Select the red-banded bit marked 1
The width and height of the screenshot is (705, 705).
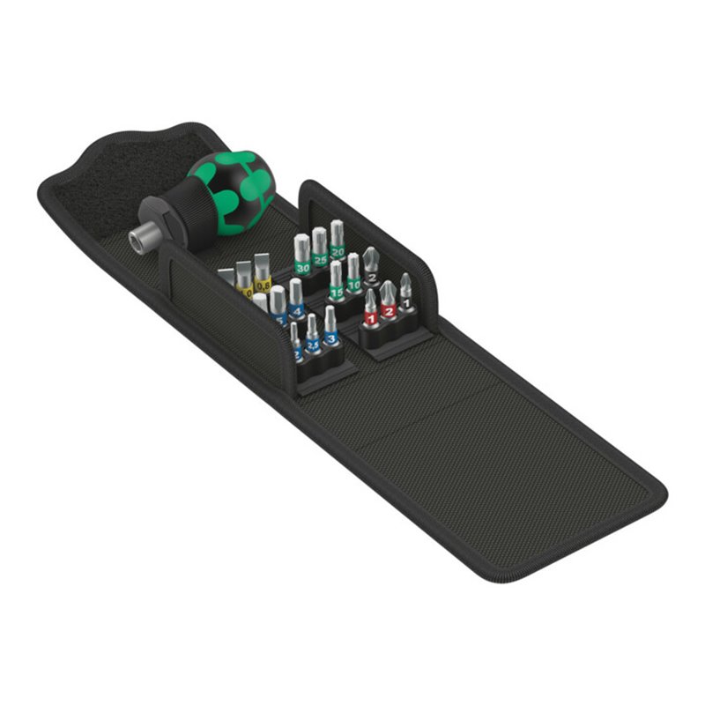[x=371, y=314]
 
